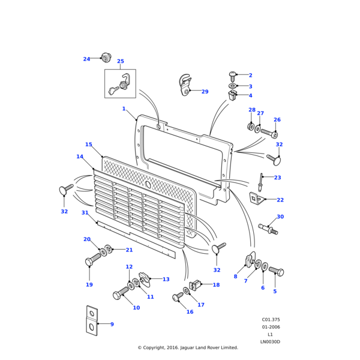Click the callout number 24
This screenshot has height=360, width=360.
[x=86, y=59]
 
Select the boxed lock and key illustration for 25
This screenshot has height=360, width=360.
[x=120, y=84]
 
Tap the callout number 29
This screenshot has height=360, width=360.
[x=205, y=92]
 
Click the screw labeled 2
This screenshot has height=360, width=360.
[x=233, y=75]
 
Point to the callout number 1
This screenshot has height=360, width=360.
[x=124, y=109]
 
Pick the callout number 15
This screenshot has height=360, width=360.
[x=89, y=145]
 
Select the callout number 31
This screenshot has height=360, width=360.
[x=85, y=213]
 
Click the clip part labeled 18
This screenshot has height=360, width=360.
[x=195, y=284]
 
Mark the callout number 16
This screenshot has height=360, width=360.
[x=190, y=312]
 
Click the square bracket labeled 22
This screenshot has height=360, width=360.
[x=256, y=198]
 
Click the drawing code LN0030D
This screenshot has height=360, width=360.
[x=270, y=341]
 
